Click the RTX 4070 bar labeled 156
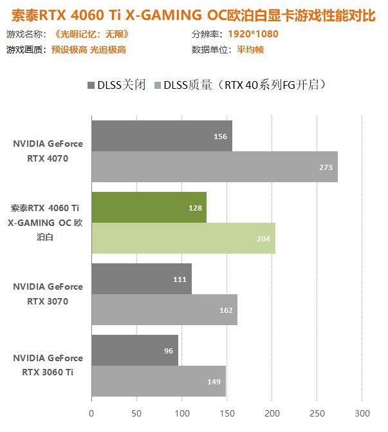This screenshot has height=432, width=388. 161,136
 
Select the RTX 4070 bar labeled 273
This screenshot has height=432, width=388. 214,167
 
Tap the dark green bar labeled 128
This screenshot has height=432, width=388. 149,207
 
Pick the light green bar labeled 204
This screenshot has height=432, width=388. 183,238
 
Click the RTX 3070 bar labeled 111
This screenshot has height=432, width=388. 141,279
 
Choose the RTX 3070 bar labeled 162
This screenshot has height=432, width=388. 164,310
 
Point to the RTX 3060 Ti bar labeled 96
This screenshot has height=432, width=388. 134,350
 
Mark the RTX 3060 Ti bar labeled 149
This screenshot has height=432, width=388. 158,381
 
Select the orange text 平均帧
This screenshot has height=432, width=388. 250,50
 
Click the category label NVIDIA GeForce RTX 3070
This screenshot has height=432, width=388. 48,294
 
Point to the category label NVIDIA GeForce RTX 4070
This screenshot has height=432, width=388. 48,151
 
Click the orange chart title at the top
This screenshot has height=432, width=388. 194,14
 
